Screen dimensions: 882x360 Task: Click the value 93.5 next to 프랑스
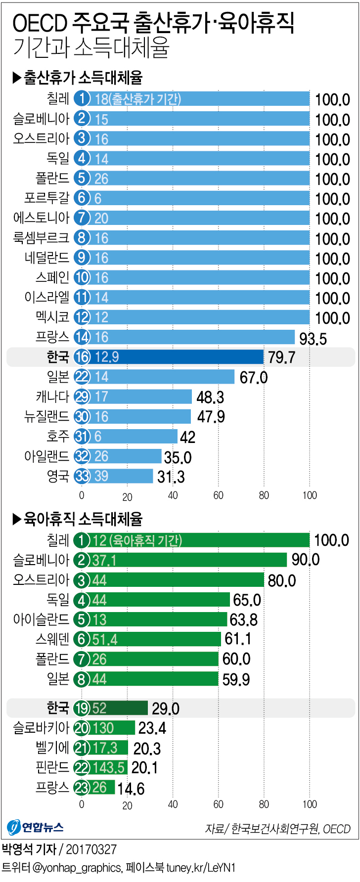[313, 339]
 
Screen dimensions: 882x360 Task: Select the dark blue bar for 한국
[178, 357]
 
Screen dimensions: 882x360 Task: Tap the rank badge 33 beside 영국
[82, 476]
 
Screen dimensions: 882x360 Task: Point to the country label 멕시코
[52, 317]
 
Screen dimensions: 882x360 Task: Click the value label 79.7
[281, 357]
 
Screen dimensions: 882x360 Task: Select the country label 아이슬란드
[41, 619]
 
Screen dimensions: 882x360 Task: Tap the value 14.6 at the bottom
[131, 789]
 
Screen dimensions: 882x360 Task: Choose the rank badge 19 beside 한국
[82, 708]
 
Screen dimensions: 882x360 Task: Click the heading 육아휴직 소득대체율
[83, 519]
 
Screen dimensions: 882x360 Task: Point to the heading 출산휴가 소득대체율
[83, 78]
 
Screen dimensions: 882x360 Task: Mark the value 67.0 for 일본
[253, 378]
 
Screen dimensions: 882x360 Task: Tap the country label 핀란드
[52, 767]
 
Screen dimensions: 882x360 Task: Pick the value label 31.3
[171, 477]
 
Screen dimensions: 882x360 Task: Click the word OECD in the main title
[40, 23]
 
